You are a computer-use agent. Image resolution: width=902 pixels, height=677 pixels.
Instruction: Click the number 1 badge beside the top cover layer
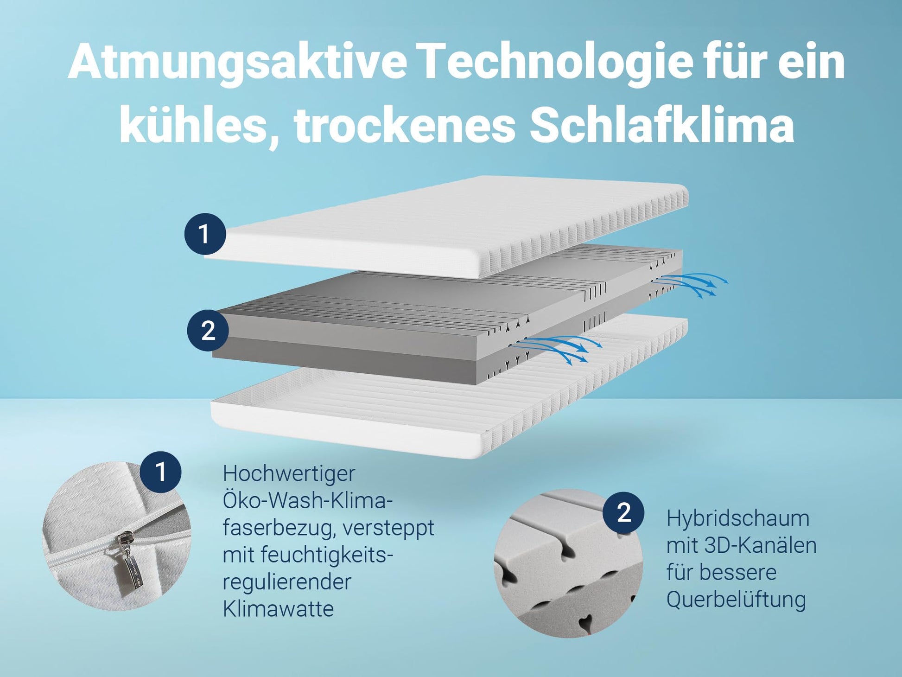[x=205, y=234]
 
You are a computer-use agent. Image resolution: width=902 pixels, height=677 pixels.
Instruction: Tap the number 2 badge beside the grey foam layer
[x=208, y=331]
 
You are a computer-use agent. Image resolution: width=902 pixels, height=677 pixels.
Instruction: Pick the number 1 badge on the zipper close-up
[x=160, y=472]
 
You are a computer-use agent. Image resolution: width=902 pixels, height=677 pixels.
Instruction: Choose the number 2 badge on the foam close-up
[x=623, y=512]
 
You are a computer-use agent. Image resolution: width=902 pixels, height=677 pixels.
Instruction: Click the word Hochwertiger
[x=289, y=474]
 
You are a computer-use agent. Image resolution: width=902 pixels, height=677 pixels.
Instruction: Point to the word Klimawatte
[x=278, y=609]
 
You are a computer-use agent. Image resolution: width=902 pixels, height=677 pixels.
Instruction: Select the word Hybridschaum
[x=738, y=519]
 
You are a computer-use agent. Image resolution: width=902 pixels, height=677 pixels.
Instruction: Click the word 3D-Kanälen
[x=760, y=545]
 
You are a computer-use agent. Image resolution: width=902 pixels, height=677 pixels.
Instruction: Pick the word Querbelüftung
[x=736, y=600]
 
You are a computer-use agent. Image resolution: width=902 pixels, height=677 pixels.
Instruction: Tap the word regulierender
[x=287, y=582]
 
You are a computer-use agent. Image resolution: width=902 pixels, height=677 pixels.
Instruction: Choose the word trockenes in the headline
[x=405, y=124]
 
